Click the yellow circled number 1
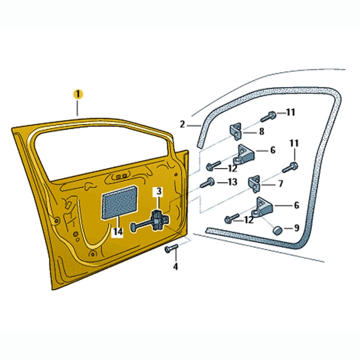click(78, 94)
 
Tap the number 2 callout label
click(182, 124)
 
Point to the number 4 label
click(175, 266)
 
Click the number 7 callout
click(281, 184)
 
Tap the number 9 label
click(297, 228)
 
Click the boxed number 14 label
click(118, 232)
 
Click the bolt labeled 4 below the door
click(171, 248)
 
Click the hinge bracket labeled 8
click(237, 130)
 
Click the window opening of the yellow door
click(99, 151)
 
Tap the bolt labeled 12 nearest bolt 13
click(213, 166)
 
